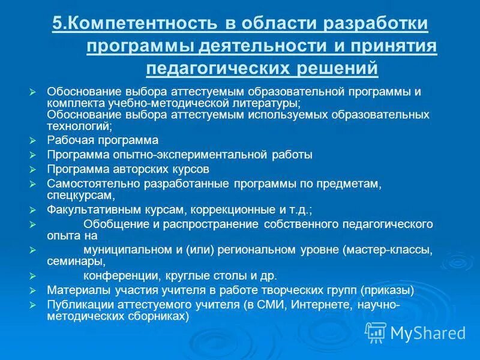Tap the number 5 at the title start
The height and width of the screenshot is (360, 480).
[x=57, y=24]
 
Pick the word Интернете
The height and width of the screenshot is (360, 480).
[x=315, y=304]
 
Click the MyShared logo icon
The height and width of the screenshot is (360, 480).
[x=376, y=332]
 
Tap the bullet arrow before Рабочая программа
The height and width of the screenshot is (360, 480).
[x=33, y=140]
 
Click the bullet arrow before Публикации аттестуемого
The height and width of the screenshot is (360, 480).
[x=33, y=305]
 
